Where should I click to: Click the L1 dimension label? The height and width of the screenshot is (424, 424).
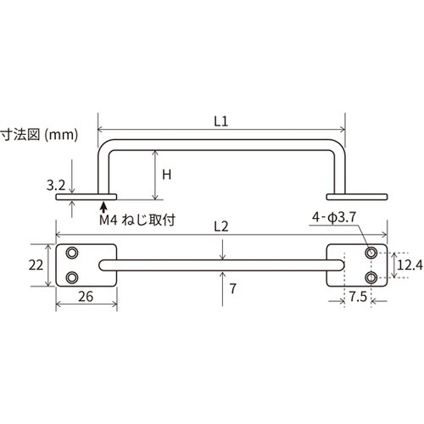221,121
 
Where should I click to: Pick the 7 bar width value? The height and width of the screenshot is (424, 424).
232,289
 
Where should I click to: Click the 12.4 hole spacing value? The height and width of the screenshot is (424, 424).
410,265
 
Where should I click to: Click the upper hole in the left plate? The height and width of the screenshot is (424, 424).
72,253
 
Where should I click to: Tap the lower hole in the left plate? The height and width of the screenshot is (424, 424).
72,277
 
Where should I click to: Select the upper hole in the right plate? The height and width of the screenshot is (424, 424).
371,253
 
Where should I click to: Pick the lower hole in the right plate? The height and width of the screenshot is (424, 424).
371,277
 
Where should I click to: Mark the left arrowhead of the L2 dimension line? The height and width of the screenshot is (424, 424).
60,236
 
